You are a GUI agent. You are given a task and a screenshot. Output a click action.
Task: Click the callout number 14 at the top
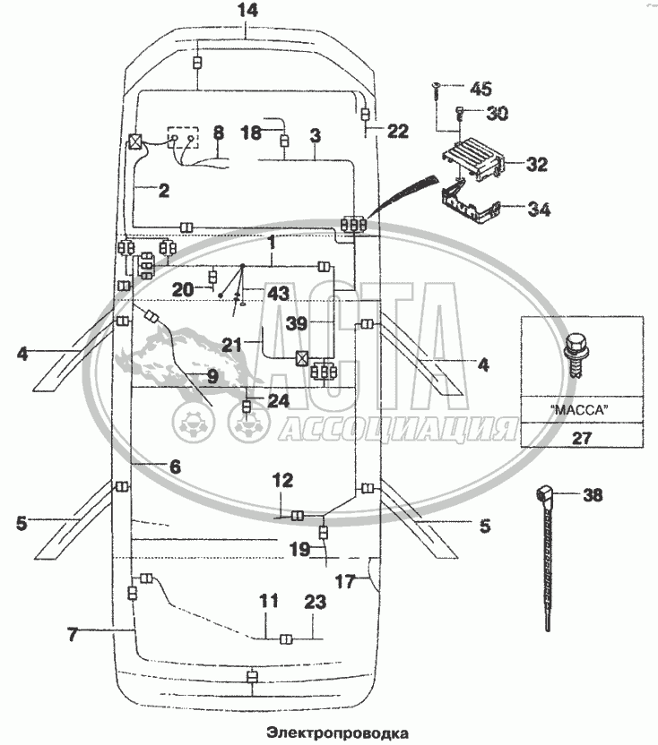coord(247,11)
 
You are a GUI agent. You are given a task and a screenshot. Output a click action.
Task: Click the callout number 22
coord(397,131)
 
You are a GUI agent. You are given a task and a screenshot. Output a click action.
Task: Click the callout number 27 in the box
coord(580,437)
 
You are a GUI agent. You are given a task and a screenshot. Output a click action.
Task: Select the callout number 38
coord(593,493)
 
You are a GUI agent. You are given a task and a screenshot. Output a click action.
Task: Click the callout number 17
coord(344,580)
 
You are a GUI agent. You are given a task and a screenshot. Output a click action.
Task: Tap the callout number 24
coord(279,400)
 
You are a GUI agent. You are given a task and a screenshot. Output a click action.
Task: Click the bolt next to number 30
coord(460,114)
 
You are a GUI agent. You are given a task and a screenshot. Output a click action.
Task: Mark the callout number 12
coord(282,482)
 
